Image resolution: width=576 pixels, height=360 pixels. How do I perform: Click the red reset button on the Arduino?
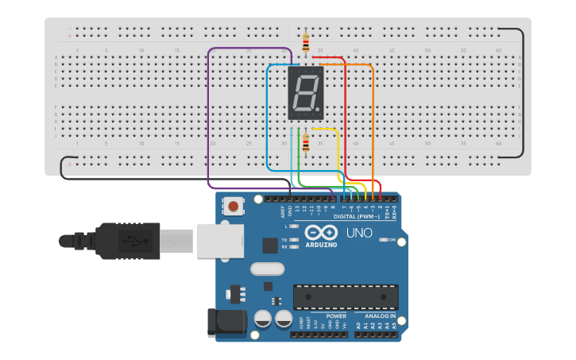click(x=234, y=207)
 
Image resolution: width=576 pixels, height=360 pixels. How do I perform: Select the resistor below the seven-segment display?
click(x=306, y=144)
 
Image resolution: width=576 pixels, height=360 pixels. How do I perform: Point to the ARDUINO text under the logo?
click(x=321, y=244)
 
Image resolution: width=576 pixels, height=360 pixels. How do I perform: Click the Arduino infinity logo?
click(x=321, y=232)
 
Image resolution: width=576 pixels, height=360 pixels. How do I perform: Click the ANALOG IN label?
click(x=375, y=315)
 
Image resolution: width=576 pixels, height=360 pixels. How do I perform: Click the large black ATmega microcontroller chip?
click(x=346, y=296)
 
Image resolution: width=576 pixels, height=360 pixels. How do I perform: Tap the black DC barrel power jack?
click(x=223, y=320)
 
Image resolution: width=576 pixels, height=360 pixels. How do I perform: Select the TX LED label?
click(x=284, y=239)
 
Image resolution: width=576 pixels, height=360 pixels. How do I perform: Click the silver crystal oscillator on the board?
click(x=266, y=269)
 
